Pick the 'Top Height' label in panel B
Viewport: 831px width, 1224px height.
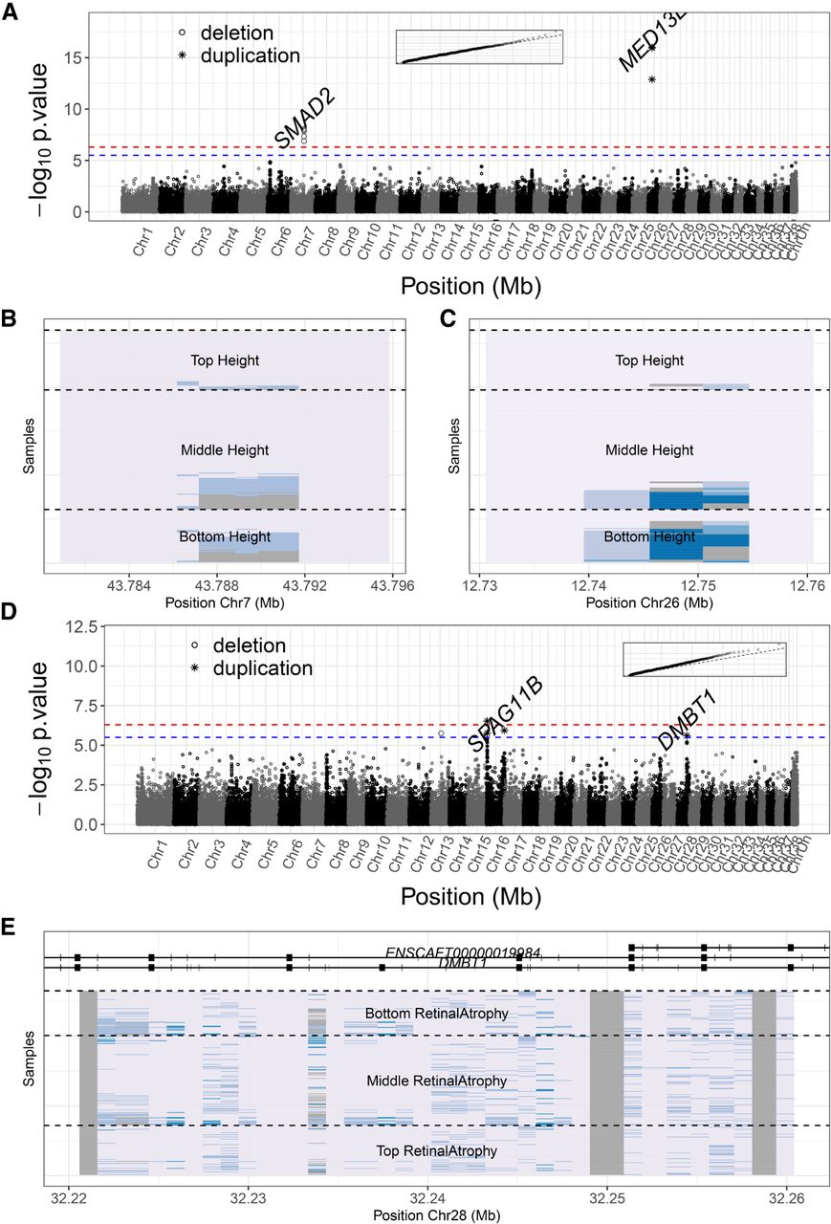224,361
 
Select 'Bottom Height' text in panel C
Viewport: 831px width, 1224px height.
649,536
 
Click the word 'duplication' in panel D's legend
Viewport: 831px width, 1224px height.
256,668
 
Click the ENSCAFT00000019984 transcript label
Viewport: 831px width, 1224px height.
464,953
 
